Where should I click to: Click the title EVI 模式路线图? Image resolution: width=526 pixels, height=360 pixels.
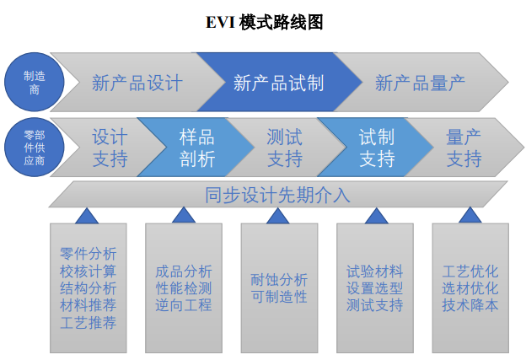click(x=264, y=23)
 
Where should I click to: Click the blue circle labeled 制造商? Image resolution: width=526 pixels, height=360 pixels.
click(x=35, y=82)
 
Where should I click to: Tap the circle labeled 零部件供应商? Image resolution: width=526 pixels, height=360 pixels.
click(x=35, y=147)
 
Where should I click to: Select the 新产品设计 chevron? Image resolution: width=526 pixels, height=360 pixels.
click(x=137, y=82)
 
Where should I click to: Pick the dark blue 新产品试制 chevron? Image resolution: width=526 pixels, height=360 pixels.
click(x=279, y=82)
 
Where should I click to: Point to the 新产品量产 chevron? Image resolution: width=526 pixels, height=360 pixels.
click(x=421, y=82)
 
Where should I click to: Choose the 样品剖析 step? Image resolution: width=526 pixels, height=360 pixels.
click(x=196, y=148)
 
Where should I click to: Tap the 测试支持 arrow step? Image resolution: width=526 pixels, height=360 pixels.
click(x=285, y=148)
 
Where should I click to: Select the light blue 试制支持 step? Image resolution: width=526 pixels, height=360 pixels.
click(x=377, y=148)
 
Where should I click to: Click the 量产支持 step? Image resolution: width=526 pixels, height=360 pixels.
click(x=464, y=148)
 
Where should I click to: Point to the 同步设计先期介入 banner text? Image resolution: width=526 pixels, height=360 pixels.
click(x=277, y=195)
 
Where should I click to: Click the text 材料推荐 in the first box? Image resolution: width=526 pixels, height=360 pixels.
click(x=89, y=305)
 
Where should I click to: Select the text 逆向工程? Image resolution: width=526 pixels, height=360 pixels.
click(x=184, y=305)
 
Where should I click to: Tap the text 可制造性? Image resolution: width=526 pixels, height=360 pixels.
click(x=279, y=297)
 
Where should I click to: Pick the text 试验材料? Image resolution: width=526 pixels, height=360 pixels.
click(x=375, y=271)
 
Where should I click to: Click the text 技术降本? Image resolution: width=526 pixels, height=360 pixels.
click(x=470, y=305)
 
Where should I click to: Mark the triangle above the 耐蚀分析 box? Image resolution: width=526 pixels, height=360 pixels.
click(x=278, y=217)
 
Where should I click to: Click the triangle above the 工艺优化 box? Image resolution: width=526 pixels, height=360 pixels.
click(x=470, y=216)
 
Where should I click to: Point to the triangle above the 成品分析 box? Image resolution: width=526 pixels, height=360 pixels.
click(x=184, y=216)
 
